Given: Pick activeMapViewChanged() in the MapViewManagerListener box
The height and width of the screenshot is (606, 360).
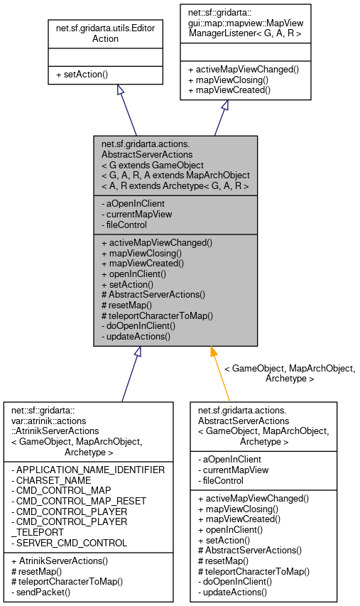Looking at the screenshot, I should (x=243, y=70).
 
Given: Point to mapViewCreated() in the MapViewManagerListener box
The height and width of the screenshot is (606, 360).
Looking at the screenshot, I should (x=229, y=91).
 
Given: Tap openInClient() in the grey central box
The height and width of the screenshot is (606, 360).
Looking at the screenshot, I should (x=133, y=274).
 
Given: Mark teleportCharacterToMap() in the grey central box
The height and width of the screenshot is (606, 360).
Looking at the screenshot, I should (x=157, y=315).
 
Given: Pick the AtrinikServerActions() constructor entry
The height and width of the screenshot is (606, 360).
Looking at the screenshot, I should (x=62, y=561).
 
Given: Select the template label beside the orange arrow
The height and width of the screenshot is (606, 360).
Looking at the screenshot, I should (x=289, y=374).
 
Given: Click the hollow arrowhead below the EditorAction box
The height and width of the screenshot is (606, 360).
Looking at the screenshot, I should (x=120, y=91).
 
